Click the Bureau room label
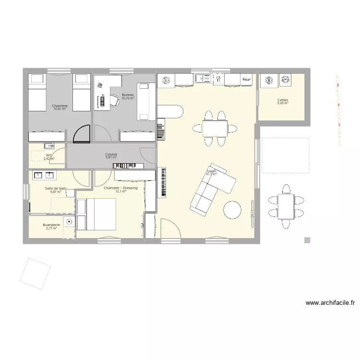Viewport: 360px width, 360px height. pos(128,95)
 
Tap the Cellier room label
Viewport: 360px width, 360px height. pos(282,100)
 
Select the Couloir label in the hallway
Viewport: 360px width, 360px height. pos(111,154)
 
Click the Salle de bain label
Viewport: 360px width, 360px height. pos(56,189)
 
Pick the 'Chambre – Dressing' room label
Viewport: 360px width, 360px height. pos(120,188)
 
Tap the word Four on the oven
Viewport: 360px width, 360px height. pos(246,80)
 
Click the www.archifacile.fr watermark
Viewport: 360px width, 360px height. pos(330,303)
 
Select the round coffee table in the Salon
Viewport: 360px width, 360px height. pos(232,209)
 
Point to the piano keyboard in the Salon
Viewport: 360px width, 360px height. pos(162,182)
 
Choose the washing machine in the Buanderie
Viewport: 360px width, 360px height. pos(69,222)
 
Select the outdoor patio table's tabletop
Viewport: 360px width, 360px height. pos(286,206)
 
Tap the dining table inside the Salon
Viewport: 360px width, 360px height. pos(215,128)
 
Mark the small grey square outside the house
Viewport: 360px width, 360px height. pos(307,240)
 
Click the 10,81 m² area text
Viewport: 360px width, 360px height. pos(60,109)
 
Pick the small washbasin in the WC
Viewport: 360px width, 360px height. pos(48,145)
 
